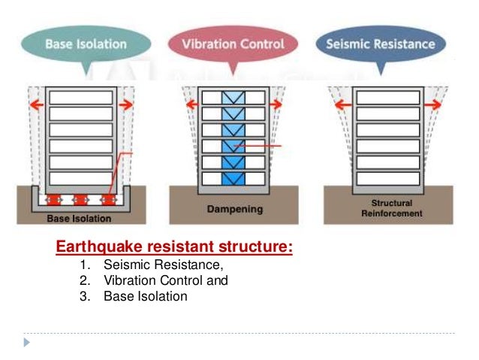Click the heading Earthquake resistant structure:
tap(174, 247)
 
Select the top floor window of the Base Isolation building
tap(80, 98)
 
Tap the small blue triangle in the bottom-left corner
tap(28, 343)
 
